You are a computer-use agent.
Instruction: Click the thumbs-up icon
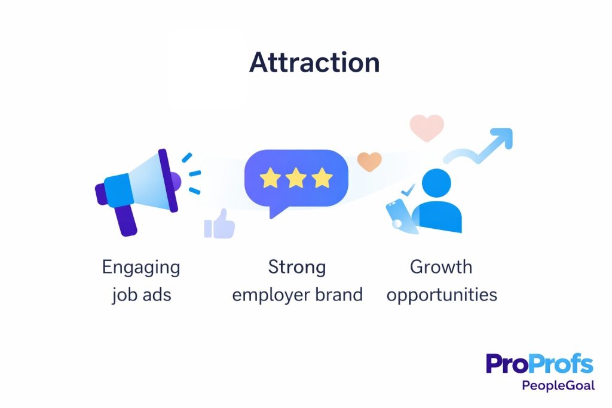pyautogui.click(x=219, y=225)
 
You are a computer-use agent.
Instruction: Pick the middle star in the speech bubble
pyautogui.click(x=296, y=177)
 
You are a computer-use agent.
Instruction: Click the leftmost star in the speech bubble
pyautogui.click(x=271, y=177)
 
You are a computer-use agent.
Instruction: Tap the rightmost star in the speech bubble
pyautogui.click(x=322, y=177)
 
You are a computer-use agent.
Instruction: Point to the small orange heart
pyautogui.click(x=369, y=162)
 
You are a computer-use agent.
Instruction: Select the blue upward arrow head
pyautogui.click(x=501, y=138)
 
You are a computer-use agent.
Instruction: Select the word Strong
pyautogui.click(x=297, y=267)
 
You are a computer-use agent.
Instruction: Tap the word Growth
pyautogui.click(x=441, y=267)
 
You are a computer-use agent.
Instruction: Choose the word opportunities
pyautogui.click(x=442, y=295)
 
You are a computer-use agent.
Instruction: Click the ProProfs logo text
pyautogui.click(x=539, y=364)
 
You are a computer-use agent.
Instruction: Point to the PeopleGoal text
pyautogui.click(x=558, y=385)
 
